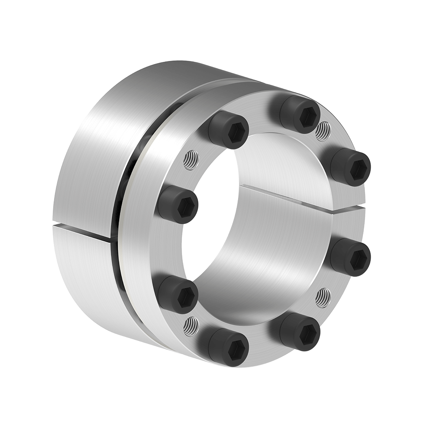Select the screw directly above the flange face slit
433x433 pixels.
(351, 167)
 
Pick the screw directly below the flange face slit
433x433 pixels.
(351, 257)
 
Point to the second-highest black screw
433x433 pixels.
(229, 129)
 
